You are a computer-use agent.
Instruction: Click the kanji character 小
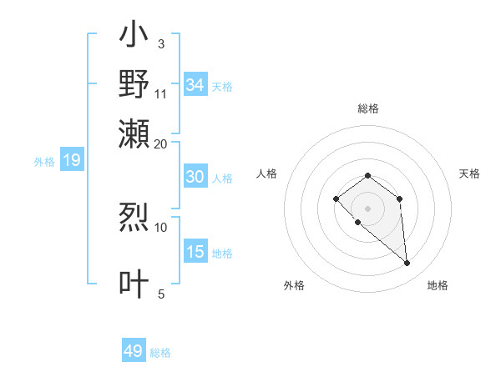[x=134, y=36]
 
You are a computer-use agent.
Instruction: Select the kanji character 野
[x=134, y=83]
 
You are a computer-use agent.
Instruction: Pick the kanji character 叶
[x=134, y=284]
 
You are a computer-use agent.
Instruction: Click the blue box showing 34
[x=195, y=85]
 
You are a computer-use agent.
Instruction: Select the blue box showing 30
[x=195, y=177]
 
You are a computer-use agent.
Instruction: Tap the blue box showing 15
[x=195, y=252]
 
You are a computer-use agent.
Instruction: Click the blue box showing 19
[x=71, y=160]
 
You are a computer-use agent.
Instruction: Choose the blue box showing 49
[x=134, y=351]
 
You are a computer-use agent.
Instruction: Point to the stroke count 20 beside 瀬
[x=161, y=143]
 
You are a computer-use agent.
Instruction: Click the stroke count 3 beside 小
[x=160, y=43]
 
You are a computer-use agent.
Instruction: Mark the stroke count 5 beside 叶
[x=161, y=293]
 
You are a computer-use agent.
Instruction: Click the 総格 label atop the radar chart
[x=367, y=108]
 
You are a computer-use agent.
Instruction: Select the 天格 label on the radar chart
[x=469, y=173]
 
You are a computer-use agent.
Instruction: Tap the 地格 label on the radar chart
[x=438, y=285]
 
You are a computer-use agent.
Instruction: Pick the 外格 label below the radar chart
[x=294, y=285]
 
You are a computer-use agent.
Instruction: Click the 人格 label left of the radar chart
[x=267, y=173]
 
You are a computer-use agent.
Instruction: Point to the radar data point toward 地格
[x=407, y=264]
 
